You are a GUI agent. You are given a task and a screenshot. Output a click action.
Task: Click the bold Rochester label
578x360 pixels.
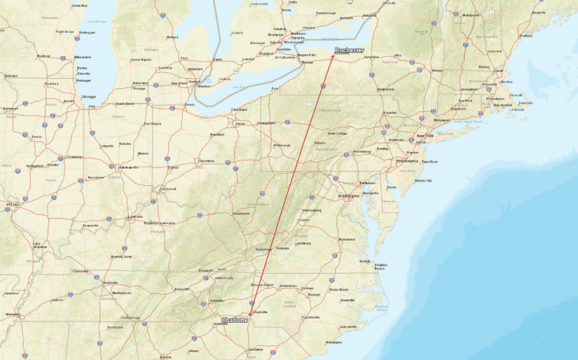coord(350,50)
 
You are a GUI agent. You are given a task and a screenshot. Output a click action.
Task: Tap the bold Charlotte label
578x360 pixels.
coord(235,320)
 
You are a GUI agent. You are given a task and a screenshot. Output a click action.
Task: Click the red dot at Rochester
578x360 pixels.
coord(333,57)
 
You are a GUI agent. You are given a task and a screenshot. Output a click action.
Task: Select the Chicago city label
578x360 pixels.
coord(88,97)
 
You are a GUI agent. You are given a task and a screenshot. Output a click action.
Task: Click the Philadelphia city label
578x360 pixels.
coord(406,160)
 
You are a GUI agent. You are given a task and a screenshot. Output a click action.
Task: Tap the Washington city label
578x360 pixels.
coord(348,196)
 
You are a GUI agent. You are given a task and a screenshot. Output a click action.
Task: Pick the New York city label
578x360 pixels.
coord(425,135)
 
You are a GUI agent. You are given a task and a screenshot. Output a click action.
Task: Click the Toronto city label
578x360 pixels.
coord(298,38)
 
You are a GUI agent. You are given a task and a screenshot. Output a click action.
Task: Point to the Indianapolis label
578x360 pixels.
coord(128,167)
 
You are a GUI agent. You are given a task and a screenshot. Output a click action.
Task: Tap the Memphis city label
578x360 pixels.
coord(13,314)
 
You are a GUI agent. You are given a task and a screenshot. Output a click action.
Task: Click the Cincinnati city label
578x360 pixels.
coord(168,189)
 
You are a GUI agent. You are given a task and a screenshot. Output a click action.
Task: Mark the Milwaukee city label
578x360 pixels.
coord(83,57)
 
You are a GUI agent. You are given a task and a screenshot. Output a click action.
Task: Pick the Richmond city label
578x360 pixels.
coord(348,240)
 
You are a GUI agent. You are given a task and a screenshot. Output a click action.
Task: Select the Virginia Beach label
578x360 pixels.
coord(380,267)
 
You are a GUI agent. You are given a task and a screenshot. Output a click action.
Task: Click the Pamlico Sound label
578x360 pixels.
coord(381,306)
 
